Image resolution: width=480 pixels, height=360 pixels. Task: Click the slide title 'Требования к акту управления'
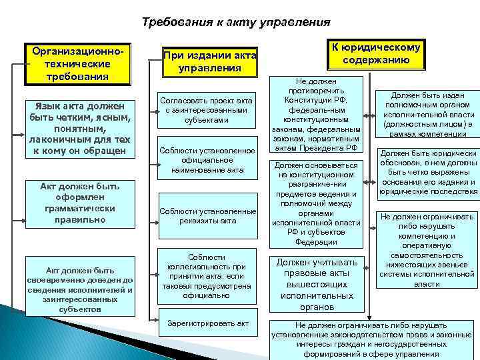(236, 22)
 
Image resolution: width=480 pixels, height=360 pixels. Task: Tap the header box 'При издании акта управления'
(209, 61)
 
